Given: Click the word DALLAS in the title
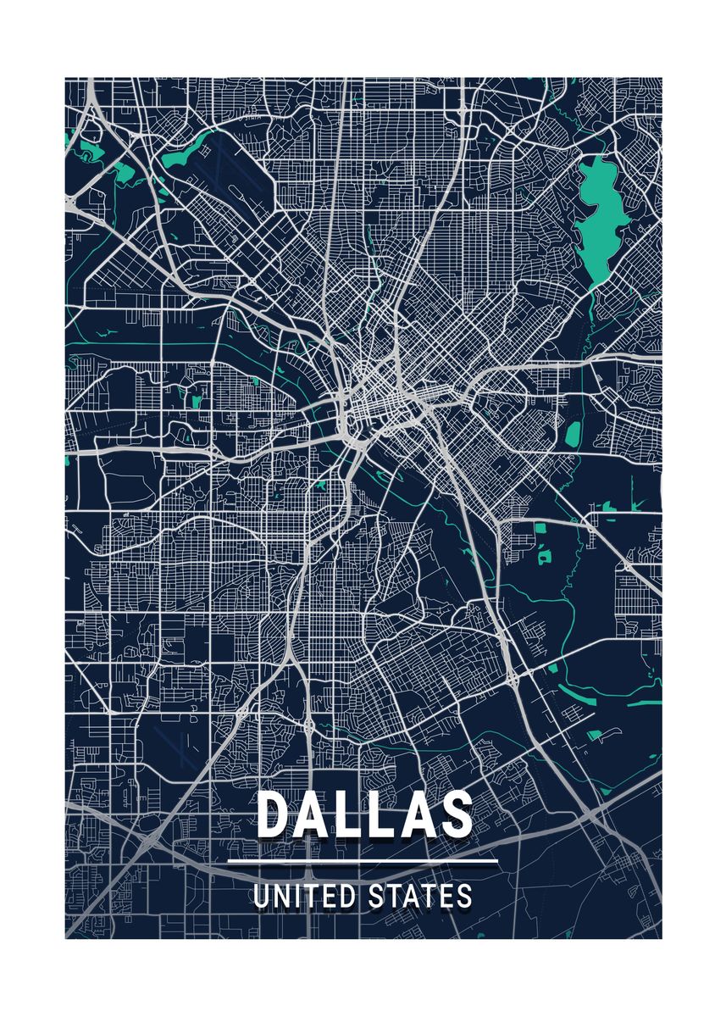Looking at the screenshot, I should (364, 814).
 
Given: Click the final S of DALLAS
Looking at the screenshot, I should (455, 814).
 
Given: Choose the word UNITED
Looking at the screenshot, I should (305, 897).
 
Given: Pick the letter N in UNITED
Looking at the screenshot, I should (279, 897).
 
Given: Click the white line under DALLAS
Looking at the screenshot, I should (363, 863).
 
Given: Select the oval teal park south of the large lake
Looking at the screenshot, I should (572, 434).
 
